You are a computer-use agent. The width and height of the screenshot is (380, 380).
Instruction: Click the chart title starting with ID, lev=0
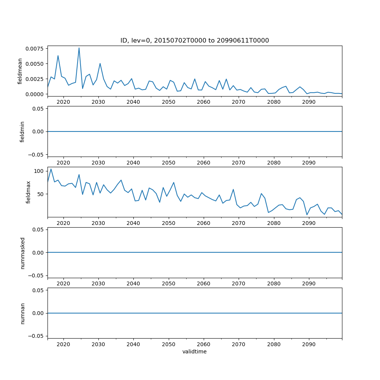tap(195, 41)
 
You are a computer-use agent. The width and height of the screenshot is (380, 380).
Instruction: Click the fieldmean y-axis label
tap(20, 71)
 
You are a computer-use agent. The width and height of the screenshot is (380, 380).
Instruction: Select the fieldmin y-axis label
tap(22, 131)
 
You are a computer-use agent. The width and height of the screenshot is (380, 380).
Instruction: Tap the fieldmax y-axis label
tap(28, 192)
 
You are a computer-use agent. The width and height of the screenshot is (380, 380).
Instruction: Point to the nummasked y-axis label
tap(22, 253)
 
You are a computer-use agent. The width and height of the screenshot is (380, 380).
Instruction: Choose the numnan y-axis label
tap(22, 313)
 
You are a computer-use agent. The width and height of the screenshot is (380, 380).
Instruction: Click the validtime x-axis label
tap(195, 352)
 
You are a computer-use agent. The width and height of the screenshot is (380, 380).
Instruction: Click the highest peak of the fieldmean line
tap(79, 48)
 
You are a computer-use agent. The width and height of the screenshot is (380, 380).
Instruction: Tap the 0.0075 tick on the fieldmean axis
tap(35, 48)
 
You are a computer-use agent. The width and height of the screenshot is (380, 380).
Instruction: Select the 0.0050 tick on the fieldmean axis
tap(35, 63)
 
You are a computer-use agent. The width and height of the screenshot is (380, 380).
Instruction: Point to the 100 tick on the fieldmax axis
tap(39, 171)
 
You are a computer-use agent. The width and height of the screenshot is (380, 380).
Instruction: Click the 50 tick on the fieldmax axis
tap(41, 194)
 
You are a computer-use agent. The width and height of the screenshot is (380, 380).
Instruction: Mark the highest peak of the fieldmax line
tap(51, 169)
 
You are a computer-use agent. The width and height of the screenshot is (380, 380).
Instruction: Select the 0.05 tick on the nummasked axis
tap(38, 230)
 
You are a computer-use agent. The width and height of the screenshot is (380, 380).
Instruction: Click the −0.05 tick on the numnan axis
tap(36, 336)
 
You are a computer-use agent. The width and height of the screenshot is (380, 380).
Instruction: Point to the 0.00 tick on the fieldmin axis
tap(38, 131)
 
